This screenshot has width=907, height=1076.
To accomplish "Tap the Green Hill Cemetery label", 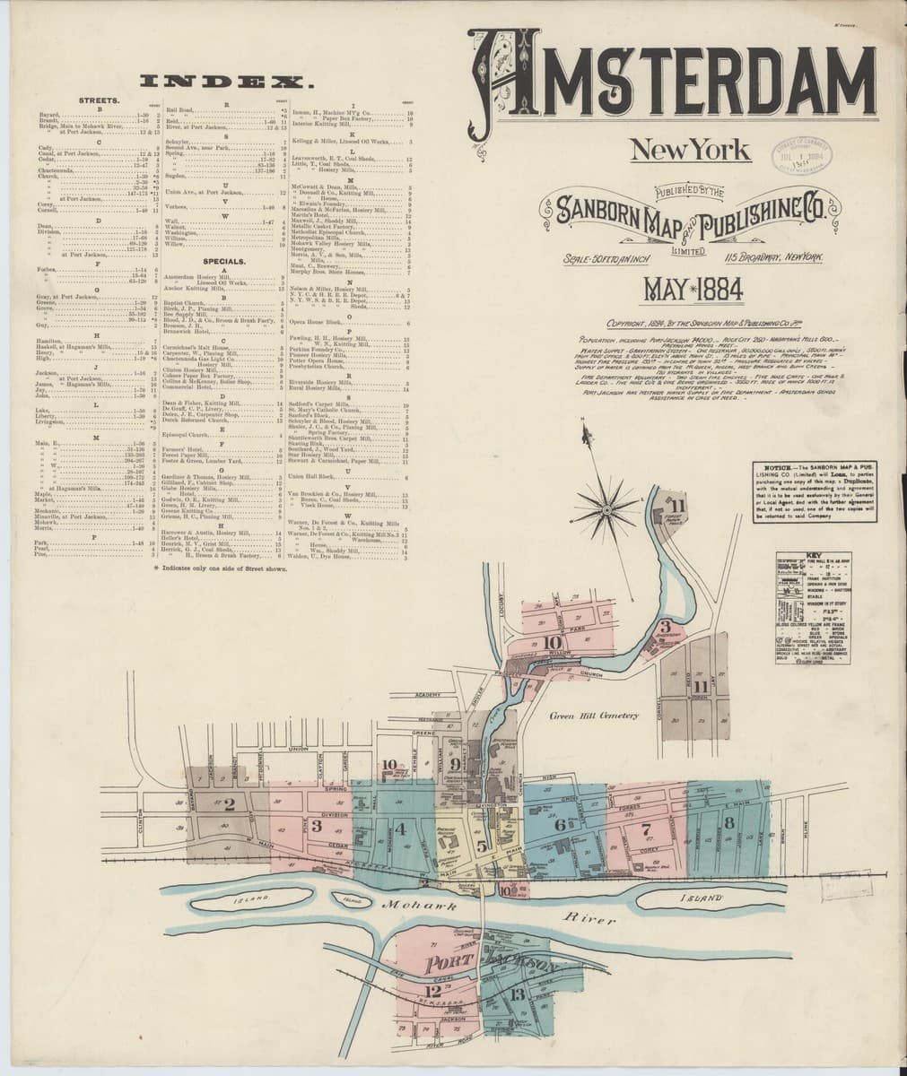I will point(593,716).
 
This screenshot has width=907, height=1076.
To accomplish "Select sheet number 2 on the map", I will point(230,803).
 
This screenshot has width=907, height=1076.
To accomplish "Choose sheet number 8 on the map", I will point(729,821).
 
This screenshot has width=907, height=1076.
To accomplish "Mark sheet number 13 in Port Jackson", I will point(518,994).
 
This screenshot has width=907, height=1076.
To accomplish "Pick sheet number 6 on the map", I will point(560,824).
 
